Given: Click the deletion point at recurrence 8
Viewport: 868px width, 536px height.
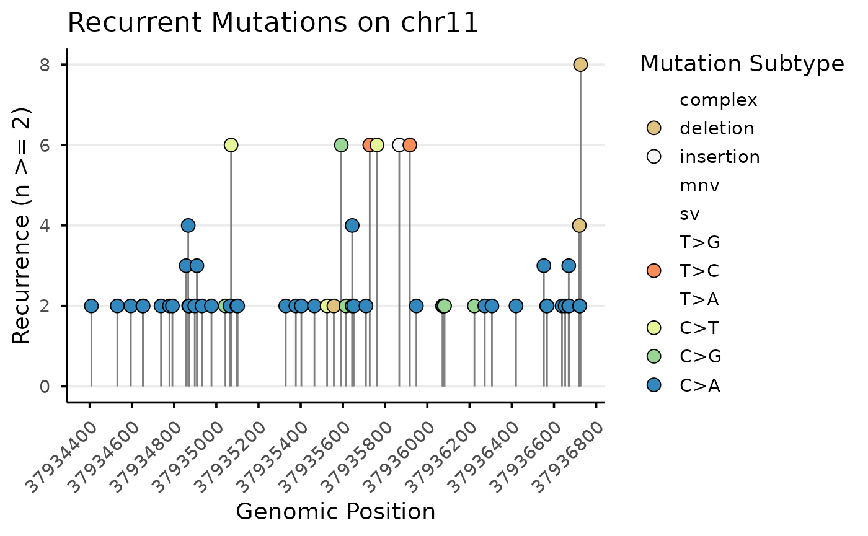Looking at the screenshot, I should [580, 64].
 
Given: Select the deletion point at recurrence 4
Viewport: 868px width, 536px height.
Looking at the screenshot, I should [579, 226].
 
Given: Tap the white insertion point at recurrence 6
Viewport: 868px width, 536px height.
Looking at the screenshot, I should [399, 145].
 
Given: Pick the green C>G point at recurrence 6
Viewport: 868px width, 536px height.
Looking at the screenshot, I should [341, 145].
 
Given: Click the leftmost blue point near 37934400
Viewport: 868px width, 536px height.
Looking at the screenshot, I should [91, 306].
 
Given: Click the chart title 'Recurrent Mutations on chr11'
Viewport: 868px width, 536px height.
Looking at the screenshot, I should [273, 24].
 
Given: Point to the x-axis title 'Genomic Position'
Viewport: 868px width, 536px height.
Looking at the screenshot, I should [335, 512].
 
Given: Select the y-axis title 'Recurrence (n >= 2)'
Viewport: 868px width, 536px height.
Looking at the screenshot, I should [22, 226].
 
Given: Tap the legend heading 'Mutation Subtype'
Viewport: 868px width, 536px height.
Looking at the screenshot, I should [742, 63].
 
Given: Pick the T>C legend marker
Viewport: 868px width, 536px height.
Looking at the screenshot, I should [654, 271].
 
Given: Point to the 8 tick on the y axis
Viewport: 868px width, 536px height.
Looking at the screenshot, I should [45, 64].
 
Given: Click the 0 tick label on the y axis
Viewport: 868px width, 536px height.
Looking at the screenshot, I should [45, 387].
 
